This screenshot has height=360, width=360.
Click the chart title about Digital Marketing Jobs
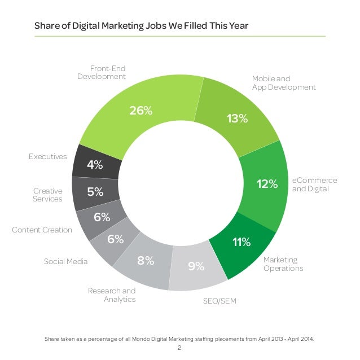pos(141,26)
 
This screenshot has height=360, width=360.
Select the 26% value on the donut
pos(141,111)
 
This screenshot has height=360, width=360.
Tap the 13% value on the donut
pos(237,118)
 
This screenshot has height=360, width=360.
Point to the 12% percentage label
pos(266,184)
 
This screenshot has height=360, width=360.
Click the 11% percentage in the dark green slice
pos(242,243)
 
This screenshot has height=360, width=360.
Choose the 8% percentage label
pos(146,261)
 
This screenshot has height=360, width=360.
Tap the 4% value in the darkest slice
pos(95,165)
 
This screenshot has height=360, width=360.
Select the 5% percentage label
pos(95,192)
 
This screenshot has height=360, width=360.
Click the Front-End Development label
pos(102,72)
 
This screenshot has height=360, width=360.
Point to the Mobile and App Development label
pos(283,83)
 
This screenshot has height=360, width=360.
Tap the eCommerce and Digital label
pos(314,185)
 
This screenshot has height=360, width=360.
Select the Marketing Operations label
pos(283,264)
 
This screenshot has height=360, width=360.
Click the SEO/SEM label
pos(219,301)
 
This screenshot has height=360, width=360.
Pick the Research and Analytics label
pos(112,295)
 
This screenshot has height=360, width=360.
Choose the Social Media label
pos(65,261)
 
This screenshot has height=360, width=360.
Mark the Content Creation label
pos(42,230)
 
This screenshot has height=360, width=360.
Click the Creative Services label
pos(48,195)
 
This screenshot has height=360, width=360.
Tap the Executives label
pos(48,156)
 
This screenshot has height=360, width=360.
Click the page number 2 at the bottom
pos(179,348)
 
